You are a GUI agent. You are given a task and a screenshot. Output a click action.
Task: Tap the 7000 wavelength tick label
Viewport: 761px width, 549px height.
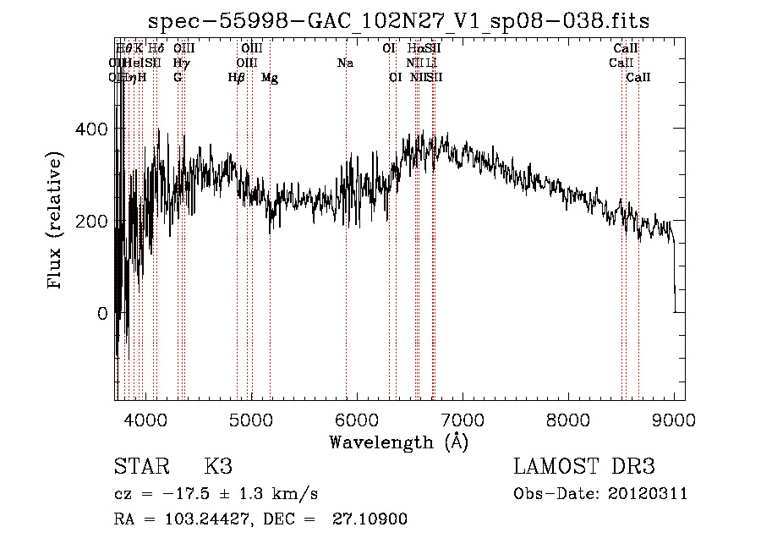(x=463, y=420)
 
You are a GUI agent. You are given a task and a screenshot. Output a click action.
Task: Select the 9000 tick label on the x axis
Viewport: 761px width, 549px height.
(x=674, y=420)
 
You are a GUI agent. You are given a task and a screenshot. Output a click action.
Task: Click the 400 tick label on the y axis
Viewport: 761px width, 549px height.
(x=94, y=129)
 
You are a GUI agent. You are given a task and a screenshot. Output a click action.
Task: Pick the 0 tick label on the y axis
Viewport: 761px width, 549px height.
(x=101, y=313)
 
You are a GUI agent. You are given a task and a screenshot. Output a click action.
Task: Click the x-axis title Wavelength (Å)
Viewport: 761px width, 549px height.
(x=398, y=442)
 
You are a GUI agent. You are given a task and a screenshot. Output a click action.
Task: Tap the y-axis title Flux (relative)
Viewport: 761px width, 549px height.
(x=56, y=222)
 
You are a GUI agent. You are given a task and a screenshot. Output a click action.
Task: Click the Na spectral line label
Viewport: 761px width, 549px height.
(x=345, y=63)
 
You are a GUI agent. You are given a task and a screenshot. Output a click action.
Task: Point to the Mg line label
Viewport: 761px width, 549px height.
(x=270, y=78)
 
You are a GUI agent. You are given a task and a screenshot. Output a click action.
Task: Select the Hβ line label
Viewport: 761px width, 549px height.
(x=237, y=78)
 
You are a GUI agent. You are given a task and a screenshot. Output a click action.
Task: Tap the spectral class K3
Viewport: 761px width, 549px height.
(x=217, y=467)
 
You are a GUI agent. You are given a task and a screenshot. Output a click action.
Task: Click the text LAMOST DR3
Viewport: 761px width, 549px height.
(x=584, y=467)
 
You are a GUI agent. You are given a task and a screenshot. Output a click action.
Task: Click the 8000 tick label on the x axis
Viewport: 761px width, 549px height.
(x=568, y=420)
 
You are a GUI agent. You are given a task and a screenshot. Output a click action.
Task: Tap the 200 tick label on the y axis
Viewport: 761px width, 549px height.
(x=94, y=221)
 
